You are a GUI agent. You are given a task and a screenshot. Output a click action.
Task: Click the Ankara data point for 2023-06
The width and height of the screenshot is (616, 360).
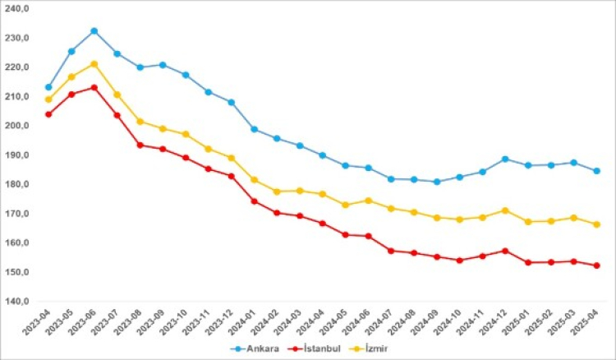[94, 31]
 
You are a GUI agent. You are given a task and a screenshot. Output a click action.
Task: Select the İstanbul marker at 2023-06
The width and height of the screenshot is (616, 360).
[94, 88]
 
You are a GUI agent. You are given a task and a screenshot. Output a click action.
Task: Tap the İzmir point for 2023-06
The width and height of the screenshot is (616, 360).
[94, 64]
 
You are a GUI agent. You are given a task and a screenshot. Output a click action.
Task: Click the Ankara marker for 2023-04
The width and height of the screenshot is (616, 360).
[48, 87]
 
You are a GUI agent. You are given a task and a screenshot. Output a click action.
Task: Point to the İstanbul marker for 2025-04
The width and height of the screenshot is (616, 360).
[596, 265]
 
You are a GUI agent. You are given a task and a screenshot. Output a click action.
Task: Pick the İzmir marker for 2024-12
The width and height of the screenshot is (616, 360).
[505, 210]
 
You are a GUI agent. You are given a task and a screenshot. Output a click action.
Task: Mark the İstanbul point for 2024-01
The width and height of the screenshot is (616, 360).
[254, 201]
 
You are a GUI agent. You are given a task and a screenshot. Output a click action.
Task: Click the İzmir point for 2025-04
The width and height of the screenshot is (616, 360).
[596, 224]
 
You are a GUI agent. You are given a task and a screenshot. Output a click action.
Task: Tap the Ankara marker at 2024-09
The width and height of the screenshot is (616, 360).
[436, 182]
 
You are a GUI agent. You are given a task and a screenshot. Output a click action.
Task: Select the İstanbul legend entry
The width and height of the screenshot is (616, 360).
[306, 348]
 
